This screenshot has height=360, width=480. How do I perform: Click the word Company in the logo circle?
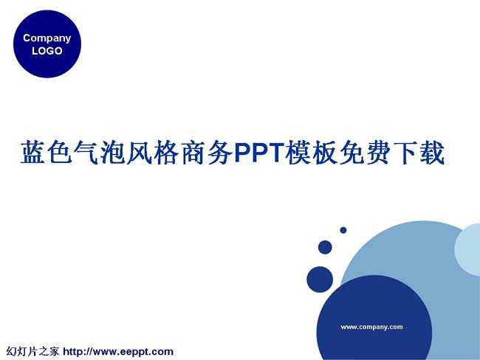(x=47, y=38)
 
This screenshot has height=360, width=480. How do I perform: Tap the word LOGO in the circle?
(x=47, y=51)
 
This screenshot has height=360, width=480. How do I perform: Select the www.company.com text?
(x=371, y=327)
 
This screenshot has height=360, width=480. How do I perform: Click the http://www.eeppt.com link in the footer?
(x=118, y=352)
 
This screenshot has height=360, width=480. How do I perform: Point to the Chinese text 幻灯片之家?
(x=32, y=351)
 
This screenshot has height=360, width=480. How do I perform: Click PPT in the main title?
(x=258, y=152)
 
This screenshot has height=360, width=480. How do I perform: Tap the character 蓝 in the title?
(x=33, y=152)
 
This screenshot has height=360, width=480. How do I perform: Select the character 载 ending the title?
(x=432, y=152)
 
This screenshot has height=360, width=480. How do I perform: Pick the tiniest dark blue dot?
(x=343, y=230)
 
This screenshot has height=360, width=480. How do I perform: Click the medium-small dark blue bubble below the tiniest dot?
(x=325, y=247)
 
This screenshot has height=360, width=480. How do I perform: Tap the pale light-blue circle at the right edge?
(x=468, y=249)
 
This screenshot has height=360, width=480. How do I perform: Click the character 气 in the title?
(x=86, y=152)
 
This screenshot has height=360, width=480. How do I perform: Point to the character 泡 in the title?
(x=113, y=152)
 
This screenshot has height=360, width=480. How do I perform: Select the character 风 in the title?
(x=140, y=152)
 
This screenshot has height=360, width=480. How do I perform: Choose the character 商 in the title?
(x=193, y=152)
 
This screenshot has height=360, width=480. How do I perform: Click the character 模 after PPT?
(x=298, y=152)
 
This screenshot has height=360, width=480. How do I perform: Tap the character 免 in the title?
(x=352, y=152)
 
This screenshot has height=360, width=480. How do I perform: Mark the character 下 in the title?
(x=405, y=152)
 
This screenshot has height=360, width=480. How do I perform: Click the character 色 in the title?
(x=60, y=152)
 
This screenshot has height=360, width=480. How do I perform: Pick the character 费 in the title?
(x=378, y=152)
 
